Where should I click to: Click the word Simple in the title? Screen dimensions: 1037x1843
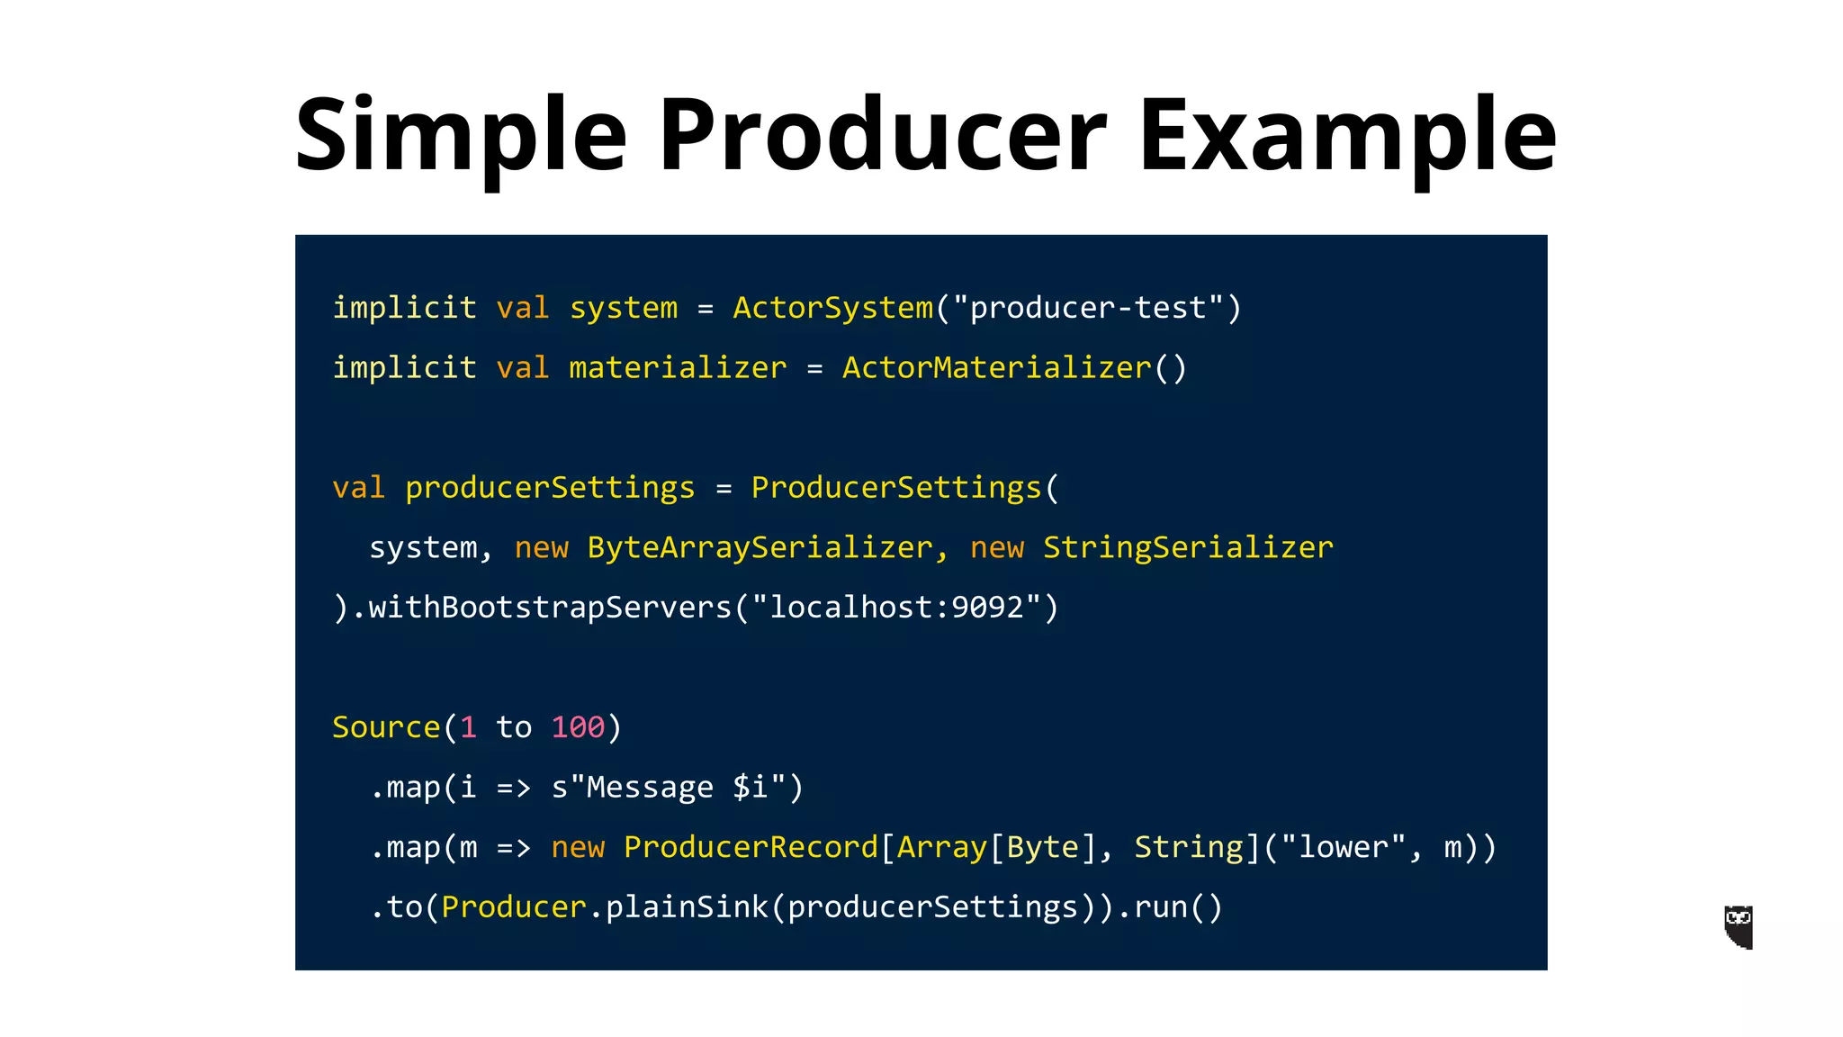pos(460,135)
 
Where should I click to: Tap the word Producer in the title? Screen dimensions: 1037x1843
pos(882,135)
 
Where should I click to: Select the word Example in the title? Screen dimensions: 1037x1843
pos(1347,135)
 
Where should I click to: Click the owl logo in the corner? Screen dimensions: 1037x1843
pos(1739,927)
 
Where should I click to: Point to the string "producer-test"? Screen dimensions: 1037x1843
pos(1088,308)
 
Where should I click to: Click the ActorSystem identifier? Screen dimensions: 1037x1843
pos(833,308)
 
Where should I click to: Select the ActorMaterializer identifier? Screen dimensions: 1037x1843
pos(997,368)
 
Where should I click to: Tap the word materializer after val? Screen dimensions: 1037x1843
pos(678,368)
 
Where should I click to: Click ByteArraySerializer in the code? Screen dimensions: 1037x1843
pos(760,547)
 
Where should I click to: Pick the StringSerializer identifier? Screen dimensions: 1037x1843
pos(1188,547)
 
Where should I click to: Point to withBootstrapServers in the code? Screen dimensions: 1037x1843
pos(550,608)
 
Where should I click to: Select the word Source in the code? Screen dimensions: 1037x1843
pos(386,727)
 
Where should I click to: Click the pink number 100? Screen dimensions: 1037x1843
pos(578,727)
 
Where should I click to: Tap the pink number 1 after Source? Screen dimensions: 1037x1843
pos(468,727)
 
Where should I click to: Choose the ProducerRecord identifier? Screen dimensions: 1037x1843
pos(751,847)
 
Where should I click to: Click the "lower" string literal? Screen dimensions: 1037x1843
pos(1343,847)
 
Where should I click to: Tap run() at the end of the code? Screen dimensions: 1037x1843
pos(1178,907)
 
